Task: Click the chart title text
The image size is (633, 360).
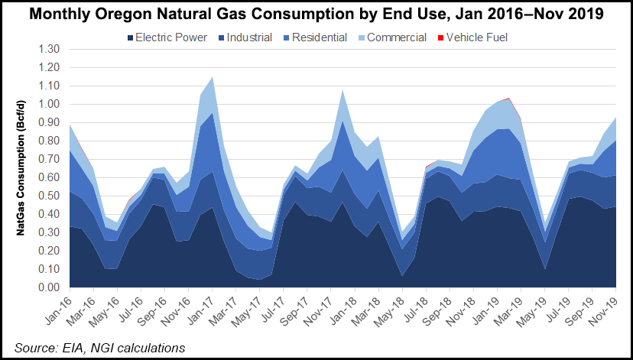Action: (x=316, y=14)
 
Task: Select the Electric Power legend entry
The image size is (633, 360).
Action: (x=168, y=37)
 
